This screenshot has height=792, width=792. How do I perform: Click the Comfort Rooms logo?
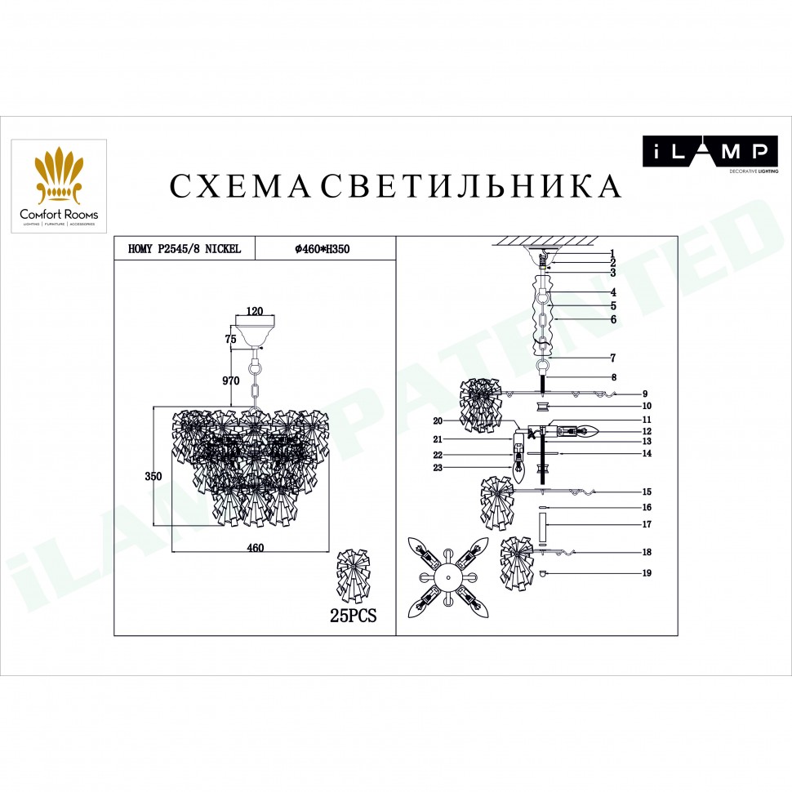tap(59, 186)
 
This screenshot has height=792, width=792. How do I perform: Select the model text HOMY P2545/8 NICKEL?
tap(185, 249)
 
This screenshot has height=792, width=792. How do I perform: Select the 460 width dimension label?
tap(256, 549)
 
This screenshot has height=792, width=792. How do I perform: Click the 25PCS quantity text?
tap(353, 616)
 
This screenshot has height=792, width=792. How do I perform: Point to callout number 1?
tap(612, 253)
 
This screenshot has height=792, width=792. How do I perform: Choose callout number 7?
tap(612, 358)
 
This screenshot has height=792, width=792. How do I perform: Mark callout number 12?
tap(646, 431)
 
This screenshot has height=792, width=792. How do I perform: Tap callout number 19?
tap(646, 574)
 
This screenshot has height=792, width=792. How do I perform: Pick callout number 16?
tap(646, 507)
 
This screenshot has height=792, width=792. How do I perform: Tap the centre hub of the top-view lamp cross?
tap(447, 576)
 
